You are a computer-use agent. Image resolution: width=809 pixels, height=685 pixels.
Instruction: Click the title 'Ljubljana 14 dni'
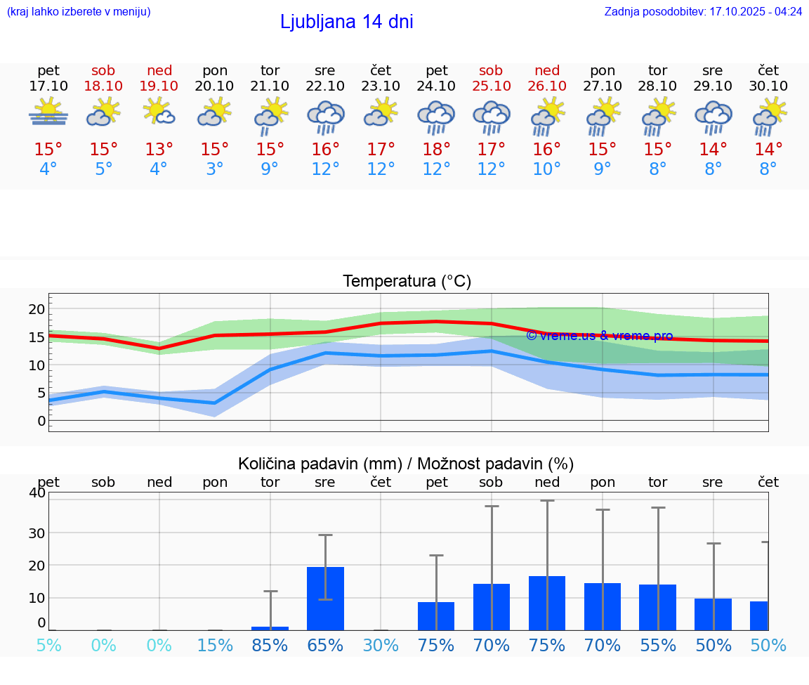tap(346, 22)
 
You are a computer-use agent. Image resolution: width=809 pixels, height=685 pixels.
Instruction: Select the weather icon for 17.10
tap(48, 112)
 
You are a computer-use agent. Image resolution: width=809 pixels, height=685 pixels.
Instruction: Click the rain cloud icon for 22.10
tap(325, 117)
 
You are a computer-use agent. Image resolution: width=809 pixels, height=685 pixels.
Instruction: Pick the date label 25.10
tap(491, 86)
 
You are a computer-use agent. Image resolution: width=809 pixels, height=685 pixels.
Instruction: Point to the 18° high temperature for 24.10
tap(436, 149)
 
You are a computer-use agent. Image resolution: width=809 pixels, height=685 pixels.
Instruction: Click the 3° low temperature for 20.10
tap(215, 169)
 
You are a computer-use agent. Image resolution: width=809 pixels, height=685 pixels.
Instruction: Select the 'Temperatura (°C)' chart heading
tap(407, 281)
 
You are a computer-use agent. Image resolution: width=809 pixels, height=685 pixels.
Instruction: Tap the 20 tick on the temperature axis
tap(37, 309)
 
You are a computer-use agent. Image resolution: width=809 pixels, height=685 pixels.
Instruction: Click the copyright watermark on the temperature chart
tap(599, 336)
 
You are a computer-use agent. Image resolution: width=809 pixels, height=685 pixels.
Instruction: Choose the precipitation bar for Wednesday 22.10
tap(325, 598)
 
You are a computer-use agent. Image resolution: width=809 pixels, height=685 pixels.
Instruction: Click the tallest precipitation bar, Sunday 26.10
tap(547, 603)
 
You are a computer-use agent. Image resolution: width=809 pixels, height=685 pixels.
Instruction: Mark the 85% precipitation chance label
tap(270, 645)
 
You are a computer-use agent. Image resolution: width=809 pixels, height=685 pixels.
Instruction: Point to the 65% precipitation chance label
tap(325, 645)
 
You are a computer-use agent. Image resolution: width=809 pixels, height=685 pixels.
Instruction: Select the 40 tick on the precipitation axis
tap(37, 492)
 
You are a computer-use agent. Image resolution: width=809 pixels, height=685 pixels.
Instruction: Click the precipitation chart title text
tap(406, 464)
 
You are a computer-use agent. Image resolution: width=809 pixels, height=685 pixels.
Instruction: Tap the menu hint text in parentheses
tap(79, 11)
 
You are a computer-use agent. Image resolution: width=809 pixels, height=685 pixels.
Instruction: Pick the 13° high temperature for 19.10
tap(159, 149)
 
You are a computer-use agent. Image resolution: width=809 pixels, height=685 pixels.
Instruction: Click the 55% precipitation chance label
tap(657, 645)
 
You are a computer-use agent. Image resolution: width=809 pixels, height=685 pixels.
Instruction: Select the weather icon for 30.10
tap(769, 117)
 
